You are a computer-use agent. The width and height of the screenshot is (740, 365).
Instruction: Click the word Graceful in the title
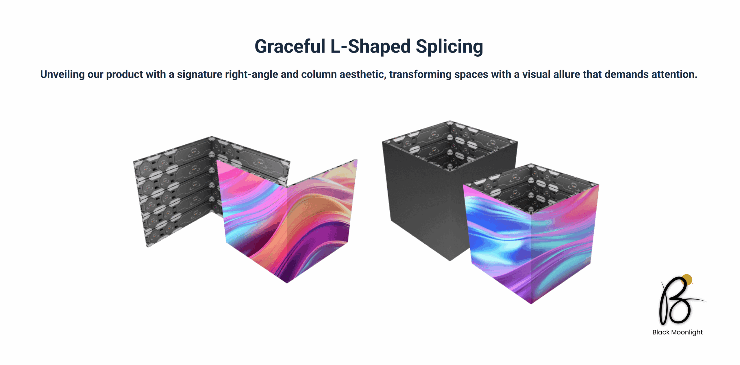point(290,46)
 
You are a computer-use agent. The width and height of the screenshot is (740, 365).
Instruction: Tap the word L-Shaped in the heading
point(370,46)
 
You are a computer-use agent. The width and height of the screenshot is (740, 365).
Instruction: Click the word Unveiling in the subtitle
point(62,75)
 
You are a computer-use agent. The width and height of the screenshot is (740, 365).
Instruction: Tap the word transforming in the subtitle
point(420,75)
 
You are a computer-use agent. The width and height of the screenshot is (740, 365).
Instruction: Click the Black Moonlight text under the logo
point(678,332)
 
